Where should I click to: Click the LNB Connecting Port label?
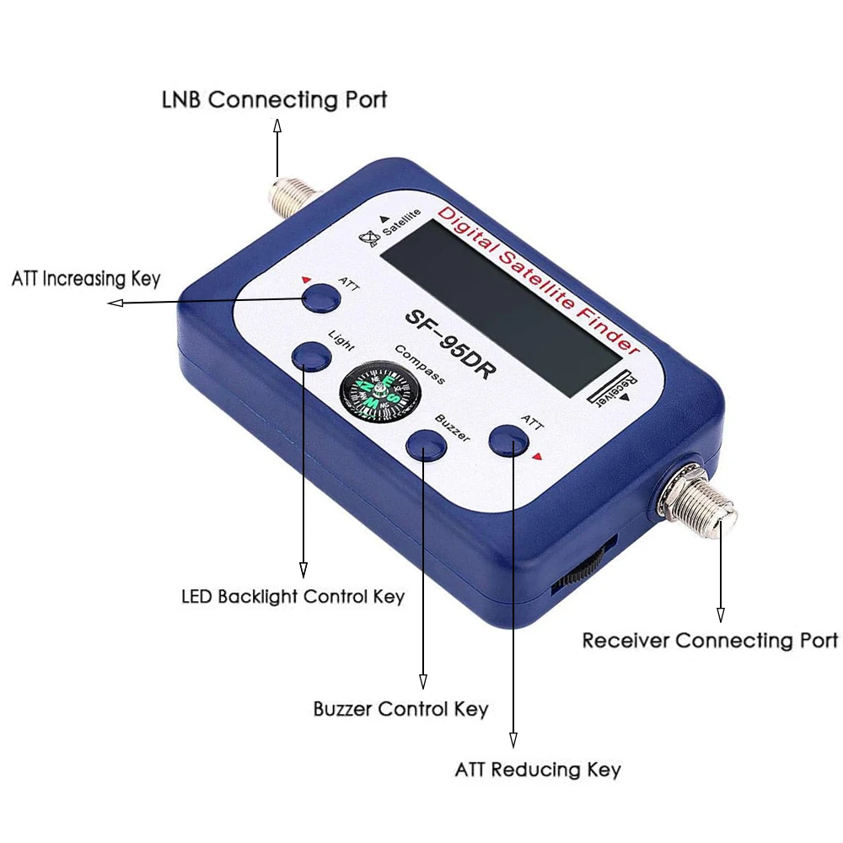click(x=274, y=99)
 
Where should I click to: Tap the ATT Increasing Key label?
click(x=86, y=278)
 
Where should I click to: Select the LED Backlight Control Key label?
click(x=293, y=597)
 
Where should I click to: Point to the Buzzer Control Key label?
click(x=400, y=709)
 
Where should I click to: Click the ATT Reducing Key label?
click(x=538, y=770)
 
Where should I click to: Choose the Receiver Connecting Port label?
click(x=710, y=641)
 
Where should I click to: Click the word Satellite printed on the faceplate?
click(x=402, y=226)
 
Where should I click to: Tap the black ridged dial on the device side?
click(x=583, y=570)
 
